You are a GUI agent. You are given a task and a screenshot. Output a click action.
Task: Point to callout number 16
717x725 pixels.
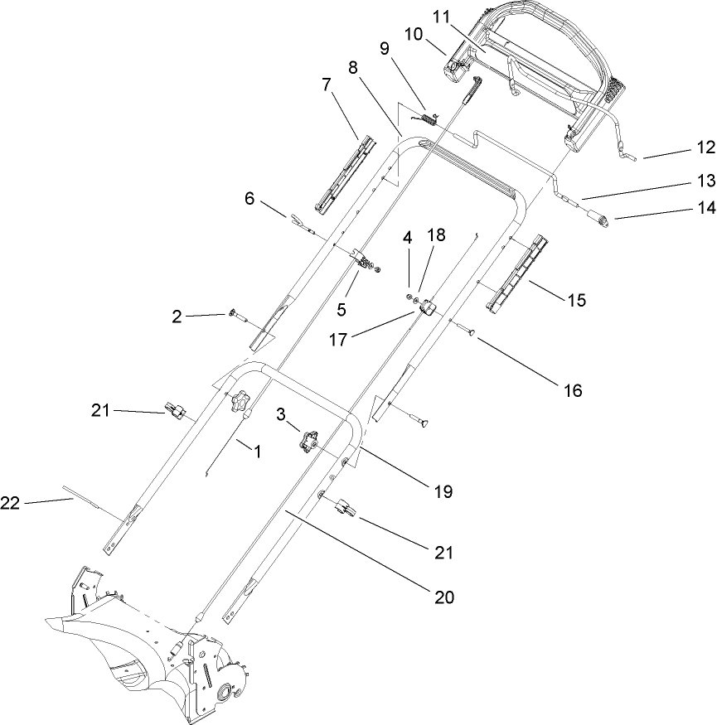point(573,388)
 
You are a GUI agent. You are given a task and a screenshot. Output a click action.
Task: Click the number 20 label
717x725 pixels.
point(443,595)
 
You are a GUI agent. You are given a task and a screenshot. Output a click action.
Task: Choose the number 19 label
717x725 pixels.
point(443,491)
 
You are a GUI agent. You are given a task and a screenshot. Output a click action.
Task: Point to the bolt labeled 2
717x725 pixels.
point(235,314)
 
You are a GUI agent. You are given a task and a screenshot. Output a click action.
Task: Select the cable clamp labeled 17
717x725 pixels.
point(429,310)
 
